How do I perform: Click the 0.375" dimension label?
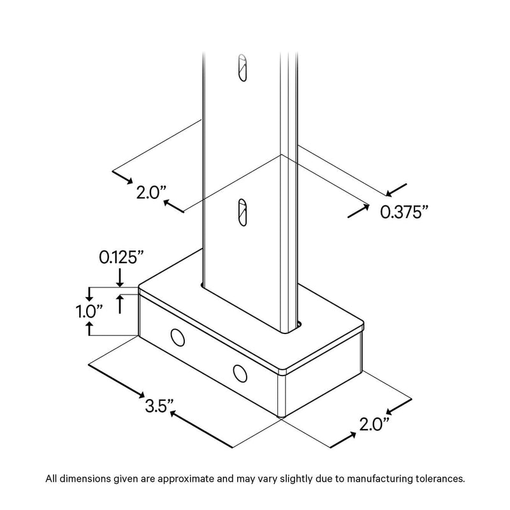pyautogui.click(x=404, y=212)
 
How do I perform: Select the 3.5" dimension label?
pyautogui.click(x=159, y=406)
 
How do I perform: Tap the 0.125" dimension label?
pyautogui.click(x=121, y=258)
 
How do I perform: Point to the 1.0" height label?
pyautogui.click(x=89, y=311)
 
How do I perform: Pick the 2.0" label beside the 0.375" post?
pyautogui.click(x=152, y=193)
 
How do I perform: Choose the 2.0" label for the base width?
pyautogui.click(x=374, y=424)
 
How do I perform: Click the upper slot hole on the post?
pyautogui.click(x=242, y=68)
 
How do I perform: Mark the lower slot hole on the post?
pyautogui.click(x=242, y=212)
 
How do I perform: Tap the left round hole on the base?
pyautogui.click(x=178, y=337)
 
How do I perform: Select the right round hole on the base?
pyautogui.click(x=240, y=373)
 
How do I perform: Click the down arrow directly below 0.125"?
pyautogui.click(x=120, y=278)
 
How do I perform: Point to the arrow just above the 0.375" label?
pyautogui.click(x=396, y=190)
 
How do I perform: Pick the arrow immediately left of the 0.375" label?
pyautogui.click(x=358, y=211)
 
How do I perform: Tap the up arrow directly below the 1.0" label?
pyautogui.click(x=89, y=328)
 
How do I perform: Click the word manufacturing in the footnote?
pyautogui.click(x=380, y=479)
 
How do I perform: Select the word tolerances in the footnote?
pyautogui.click(x=441, y=479)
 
